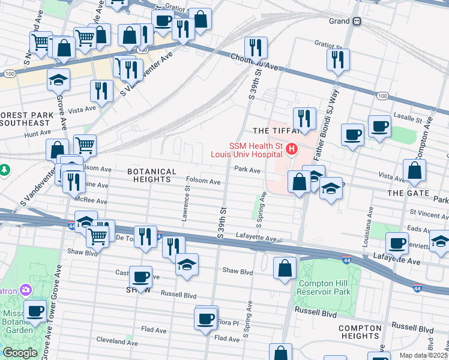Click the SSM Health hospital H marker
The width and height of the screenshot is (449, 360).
[x=292, y=149]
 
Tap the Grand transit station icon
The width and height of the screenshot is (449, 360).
[x=357, y=21]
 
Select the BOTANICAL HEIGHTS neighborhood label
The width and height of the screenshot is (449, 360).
[x=152, y=175]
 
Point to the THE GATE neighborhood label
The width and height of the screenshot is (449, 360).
[x=408, y=193]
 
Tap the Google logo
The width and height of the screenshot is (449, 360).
[x=20, y=353]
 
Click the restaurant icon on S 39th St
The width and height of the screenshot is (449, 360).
[x=256, y=48]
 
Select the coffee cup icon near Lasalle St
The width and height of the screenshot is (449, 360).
[x=379, y=127]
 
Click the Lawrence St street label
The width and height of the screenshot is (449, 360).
[x=187, y=203]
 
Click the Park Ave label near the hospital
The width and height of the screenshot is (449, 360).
[x=247, y=170]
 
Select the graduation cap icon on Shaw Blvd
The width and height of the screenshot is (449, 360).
[x=187, y=265]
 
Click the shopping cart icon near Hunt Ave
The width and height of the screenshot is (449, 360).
[x=85, y=145]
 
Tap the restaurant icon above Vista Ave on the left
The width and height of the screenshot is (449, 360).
[x=101, y=91]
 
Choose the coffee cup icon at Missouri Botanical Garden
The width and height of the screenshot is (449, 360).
[x=35, y=311]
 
